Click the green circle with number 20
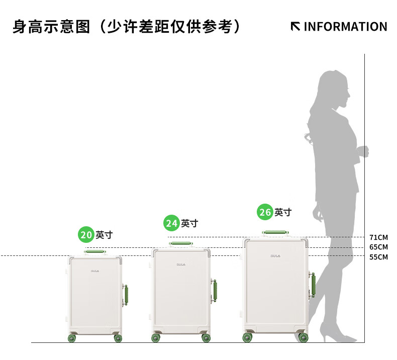point(86,234)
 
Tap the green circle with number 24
point(171,223)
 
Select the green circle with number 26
point(265,212)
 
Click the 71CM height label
point(378,237)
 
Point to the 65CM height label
point(378,247)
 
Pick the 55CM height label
point(378,257)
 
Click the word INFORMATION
point(345,27)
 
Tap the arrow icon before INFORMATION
point(295,26)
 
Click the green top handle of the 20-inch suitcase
point(95,250)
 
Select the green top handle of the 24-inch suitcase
point(180,243)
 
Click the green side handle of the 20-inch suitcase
point(126,295)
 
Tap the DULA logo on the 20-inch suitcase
point(95,271)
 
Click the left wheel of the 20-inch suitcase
point(71,338)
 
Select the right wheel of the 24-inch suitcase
point(206,338)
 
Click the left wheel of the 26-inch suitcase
point(248,337)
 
